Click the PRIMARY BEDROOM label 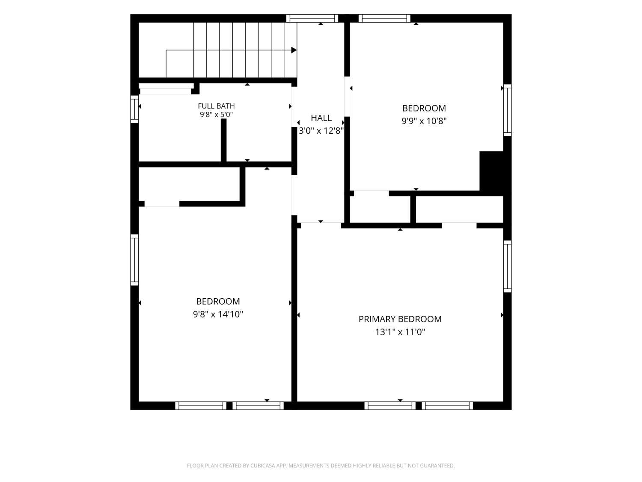tap(400, 319)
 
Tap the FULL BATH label tap(216, 106)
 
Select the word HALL tap(321, 118)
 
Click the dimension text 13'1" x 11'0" tap(400, 332)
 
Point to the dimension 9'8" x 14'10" tap(218, 314)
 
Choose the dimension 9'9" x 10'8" tap(424, 121)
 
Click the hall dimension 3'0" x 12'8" tap(321, 131)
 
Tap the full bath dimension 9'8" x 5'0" tap(216, 114)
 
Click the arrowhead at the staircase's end tap(294, 50)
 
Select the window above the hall tap(312, 18)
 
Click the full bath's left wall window tap(134, 109)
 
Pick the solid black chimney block tap(491, 173)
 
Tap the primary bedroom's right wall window tap(507, 266)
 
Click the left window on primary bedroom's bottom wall tap(389, 406)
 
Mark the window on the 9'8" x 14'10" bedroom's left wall tap(134, 260)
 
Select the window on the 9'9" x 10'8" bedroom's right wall tap(507, 111)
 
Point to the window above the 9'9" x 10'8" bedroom tap(384, 18)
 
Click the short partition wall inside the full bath tap(223, 140)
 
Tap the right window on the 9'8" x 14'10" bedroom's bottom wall tap(258, 406)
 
